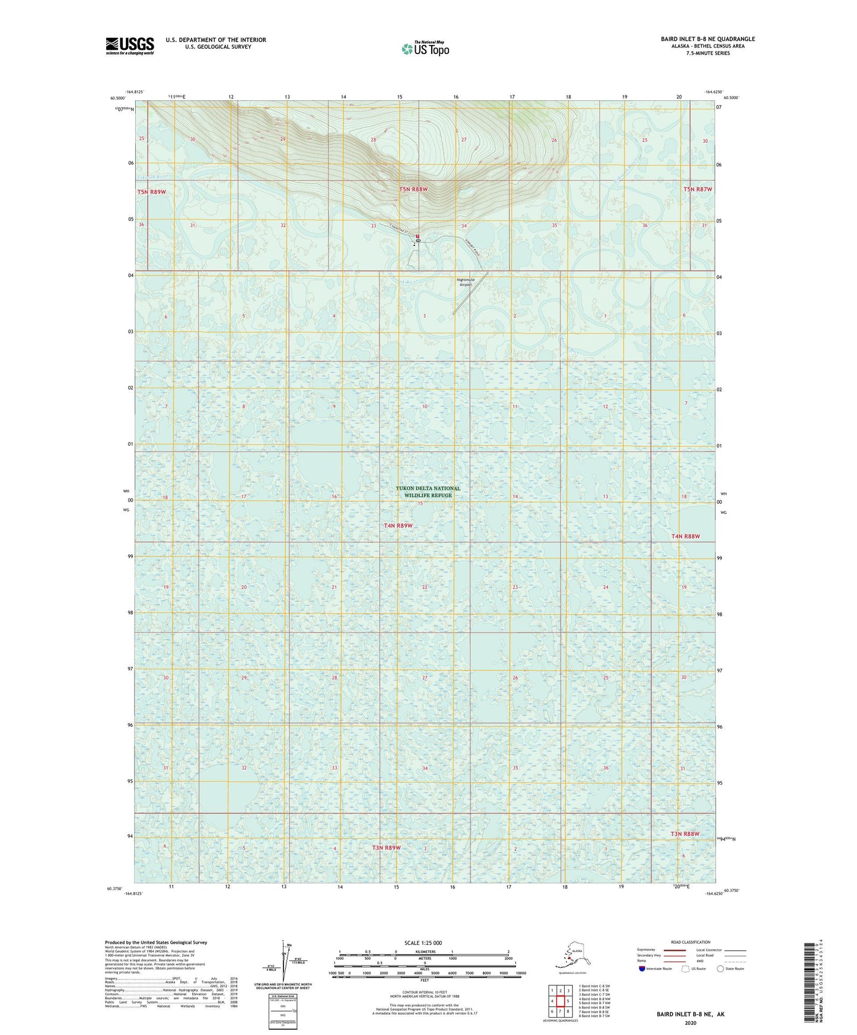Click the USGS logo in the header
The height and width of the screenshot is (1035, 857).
[x=130, y=46]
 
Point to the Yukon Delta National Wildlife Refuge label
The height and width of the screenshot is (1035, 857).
[x=428, y=492]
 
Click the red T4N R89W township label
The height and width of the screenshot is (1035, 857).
[x=398, y=526]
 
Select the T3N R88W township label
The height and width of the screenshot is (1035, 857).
[x=685, y=834]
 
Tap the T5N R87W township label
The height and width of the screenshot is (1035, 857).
[x=697, y=189]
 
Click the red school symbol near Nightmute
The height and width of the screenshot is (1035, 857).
[x=418, y=236]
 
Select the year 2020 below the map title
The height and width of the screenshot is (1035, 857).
[x=690, y=1023]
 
